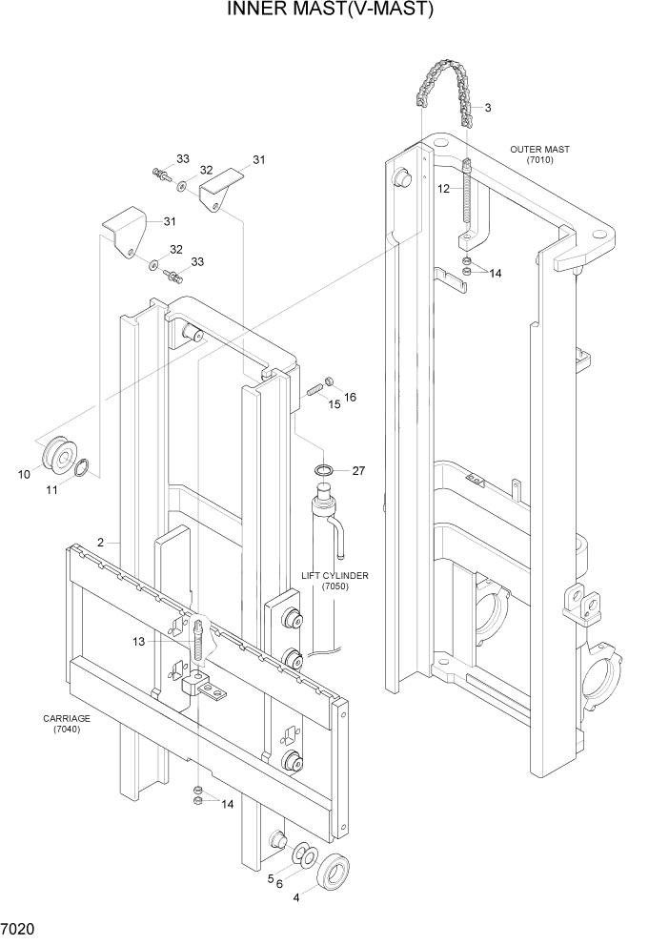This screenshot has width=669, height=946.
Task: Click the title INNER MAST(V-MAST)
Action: (x=331, y=10)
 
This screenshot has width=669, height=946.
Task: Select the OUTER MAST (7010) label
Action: (x=538, y=154)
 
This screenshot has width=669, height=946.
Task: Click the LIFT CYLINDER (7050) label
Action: (x=334, y=582)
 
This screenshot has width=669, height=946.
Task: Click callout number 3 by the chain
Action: (x=488, y=108)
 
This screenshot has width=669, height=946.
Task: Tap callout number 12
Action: (x=443, y=189)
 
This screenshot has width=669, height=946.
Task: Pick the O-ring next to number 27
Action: (x=323, y=470)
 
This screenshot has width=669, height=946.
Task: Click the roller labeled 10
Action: (x=59, y=459)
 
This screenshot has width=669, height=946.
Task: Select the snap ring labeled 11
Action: (x=83, y=467)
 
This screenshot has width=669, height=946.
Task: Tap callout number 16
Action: (x=350, y=397)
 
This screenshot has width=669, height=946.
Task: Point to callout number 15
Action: (x=334, y=404)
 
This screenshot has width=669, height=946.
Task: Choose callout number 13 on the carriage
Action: (x=138, y=642)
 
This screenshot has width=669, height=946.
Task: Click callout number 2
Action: (x=99, y=543)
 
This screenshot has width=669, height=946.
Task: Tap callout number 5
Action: (x=271, y=878)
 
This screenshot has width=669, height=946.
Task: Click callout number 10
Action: (x=24, y=473)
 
